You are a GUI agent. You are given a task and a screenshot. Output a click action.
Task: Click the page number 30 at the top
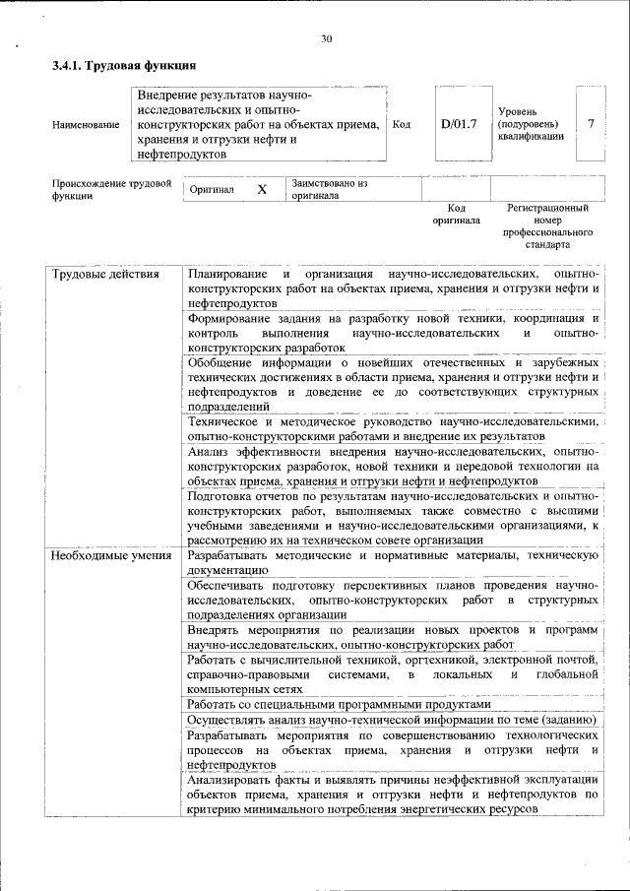pos(327,39)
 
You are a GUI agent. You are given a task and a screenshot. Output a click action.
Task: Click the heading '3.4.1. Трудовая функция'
pos(124,66)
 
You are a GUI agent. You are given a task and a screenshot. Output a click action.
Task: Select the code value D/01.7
pos(458,124)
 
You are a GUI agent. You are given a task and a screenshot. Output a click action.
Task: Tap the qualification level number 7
pos(590,124)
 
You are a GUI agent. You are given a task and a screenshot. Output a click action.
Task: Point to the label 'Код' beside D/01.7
pos(402,125)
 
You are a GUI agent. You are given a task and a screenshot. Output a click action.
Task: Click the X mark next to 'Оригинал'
pos(262,190)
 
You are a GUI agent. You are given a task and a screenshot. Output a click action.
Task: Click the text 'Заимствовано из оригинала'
pos(329,189)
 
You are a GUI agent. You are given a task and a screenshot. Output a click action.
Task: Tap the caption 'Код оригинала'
pos(456,215)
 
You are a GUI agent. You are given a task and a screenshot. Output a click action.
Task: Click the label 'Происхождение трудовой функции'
pos(111,189)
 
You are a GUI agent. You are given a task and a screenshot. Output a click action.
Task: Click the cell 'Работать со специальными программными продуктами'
pos(338,704)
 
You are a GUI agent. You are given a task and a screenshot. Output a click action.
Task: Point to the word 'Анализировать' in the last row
pos(232,779)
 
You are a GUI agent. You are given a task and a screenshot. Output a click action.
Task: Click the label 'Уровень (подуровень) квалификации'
pos(531,125)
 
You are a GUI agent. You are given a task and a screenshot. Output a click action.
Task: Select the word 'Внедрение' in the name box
pos(166,95)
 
